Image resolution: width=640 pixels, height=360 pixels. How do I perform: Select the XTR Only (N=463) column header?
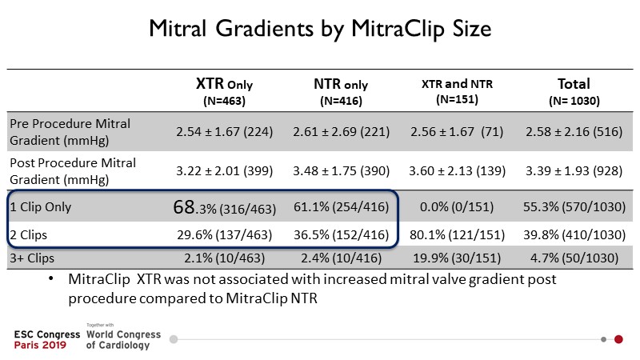coord(226,92)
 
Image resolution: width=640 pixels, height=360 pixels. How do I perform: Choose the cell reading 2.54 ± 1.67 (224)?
coord(226,131)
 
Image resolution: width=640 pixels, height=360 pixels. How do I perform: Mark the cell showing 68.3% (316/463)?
coord(226,208)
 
